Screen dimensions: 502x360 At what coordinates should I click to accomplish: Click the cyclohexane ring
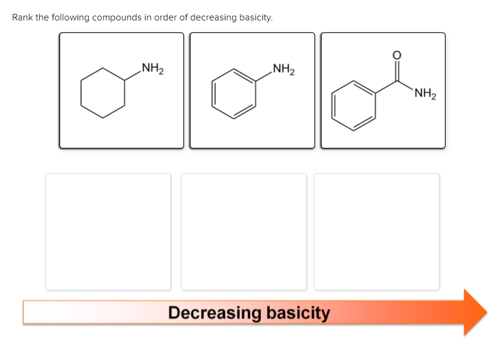point(103,94)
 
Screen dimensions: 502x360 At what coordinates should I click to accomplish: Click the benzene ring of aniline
point(233,94)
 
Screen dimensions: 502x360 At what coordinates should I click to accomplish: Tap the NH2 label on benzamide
point(425,94)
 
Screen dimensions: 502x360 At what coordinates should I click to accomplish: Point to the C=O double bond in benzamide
point(396,70)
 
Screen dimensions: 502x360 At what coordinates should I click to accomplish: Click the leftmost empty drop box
point(108,231)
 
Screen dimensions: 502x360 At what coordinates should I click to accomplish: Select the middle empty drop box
point(244,231)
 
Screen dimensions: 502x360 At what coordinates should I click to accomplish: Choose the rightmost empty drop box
point(376,231)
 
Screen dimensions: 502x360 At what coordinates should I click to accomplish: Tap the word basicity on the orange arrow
point(298,313)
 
